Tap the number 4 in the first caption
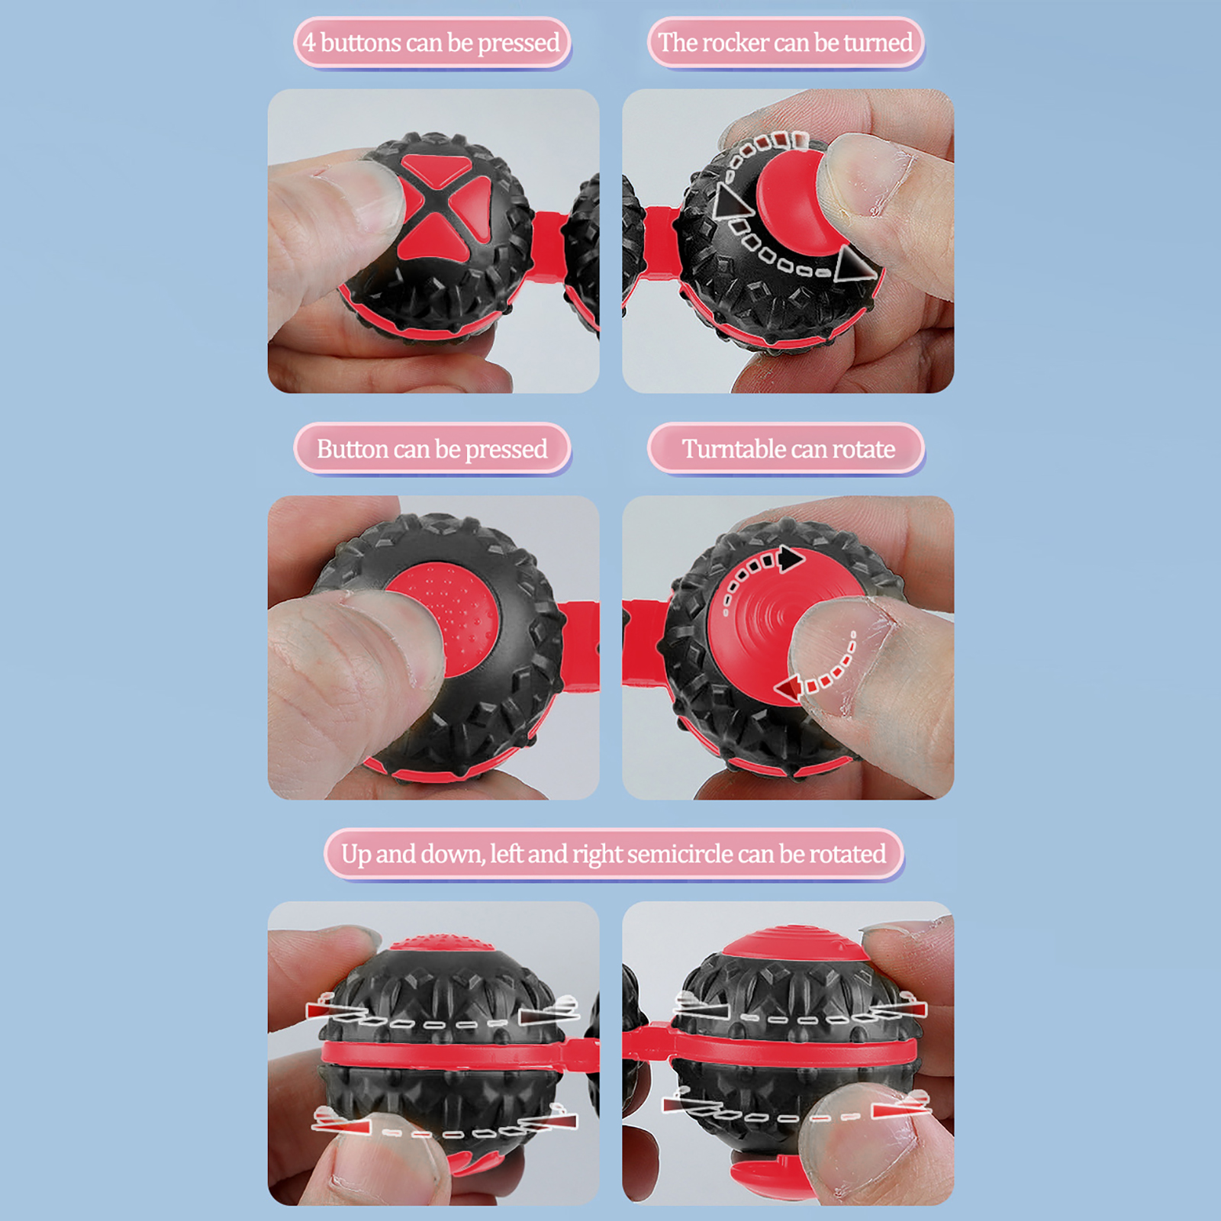[x=308, y=42]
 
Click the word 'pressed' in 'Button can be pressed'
[x=506, y=450]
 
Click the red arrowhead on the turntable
[x=788, y=689]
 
